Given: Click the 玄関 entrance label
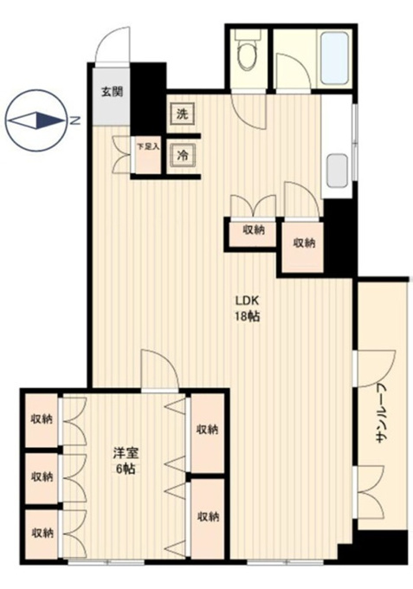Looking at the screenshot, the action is coord(112,92).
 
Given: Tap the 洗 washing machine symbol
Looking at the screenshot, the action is coord(183,113).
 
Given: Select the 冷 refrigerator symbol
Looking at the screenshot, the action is coord(183,155).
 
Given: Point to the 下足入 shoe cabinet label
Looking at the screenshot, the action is coord(147,147).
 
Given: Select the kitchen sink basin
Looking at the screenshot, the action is coord(337,172).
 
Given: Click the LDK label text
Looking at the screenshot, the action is coord(248,301).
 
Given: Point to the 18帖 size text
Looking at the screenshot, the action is coord(248,317).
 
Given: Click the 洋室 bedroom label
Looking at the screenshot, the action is coord(126,453).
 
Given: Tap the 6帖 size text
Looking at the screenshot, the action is coord(126,469).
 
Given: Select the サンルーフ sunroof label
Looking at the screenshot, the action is coord(382,413).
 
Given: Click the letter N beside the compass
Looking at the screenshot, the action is coord(76,121).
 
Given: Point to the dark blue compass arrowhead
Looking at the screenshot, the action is coord(50,120).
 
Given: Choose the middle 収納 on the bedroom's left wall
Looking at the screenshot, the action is coord(42,478).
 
